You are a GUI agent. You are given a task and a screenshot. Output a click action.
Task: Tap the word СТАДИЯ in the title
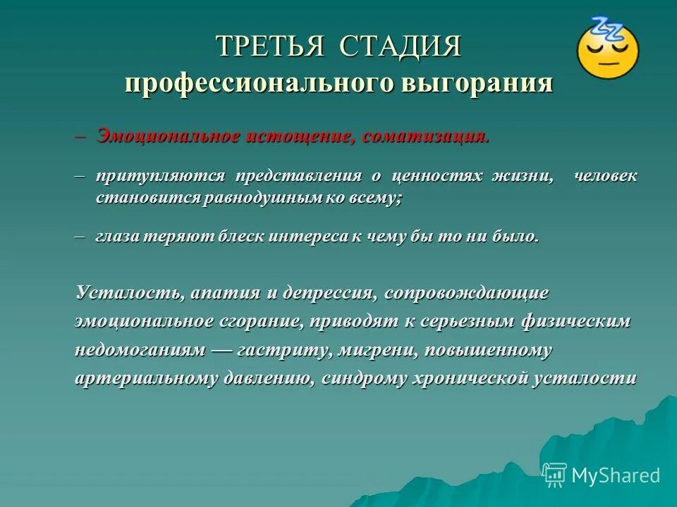tap(401, 47)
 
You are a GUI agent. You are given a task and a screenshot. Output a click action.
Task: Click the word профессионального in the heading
tap(259, 83)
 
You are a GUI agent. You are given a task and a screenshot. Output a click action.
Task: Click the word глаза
tap(118, 237)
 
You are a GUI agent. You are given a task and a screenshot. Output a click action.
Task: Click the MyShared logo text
tap(615, 475)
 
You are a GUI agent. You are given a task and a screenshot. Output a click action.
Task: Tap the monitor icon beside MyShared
tap(554, 475)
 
